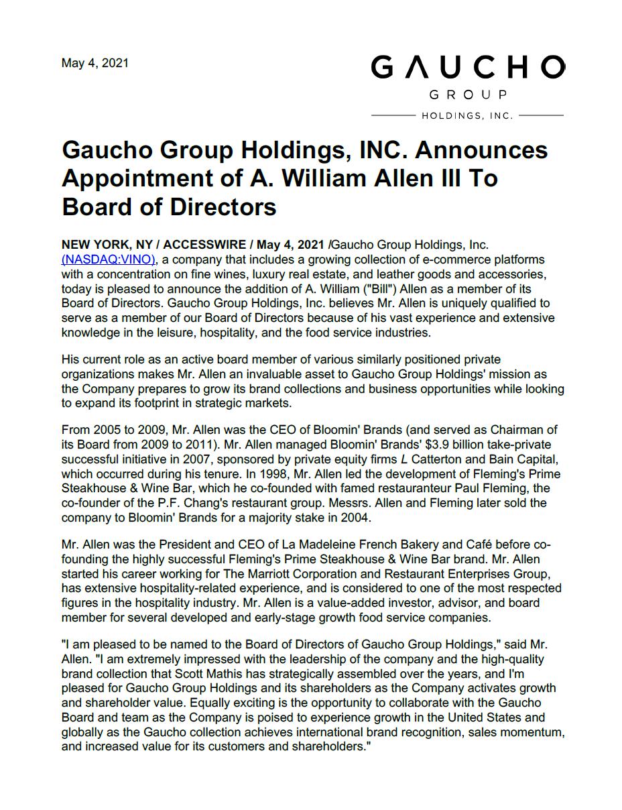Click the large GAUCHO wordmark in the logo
click(x=468, y=68)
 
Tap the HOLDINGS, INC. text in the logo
click(x=467, y=115)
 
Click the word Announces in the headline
click(x=481, y=150)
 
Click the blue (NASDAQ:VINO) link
click(x=109, y=259)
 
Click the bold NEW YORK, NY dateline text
click(x=106, y=245)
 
